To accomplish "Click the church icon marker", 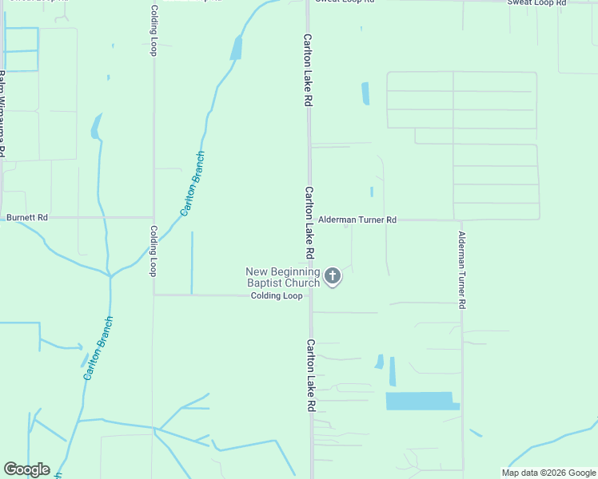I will coord(333,277).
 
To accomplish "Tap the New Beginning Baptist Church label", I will coord(282,277).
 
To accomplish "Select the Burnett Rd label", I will coord(27,217).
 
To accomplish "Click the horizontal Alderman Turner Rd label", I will coord(357,219).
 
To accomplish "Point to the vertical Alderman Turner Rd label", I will coord(461,270).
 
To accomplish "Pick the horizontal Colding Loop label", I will coord(277,295).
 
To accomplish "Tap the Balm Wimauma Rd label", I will coord(2,112).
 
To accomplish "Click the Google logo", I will coord(26,469).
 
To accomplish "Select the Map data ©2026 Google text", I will coord(548,472).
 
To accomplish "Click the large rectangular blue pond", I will coord(421,401).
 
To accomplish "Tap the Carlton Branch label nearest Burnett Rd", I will coord(193,184).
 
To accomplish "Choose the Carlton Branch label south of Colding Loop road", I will coord(98,348).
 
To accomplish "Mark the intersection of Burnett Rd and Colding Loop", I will coord(153,217).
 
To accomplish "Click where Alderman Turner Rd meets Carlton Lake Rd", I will coord(310,220).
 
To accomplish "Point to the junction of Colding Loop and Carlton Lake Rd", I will coord(310,295).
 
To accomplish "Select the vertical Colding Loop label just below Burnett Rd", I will coord(153,251).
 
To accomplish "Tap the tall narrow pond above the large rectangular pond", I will coord(393,371).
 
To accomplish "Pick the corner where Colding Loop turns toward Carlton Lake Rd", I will coord(153,295).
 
